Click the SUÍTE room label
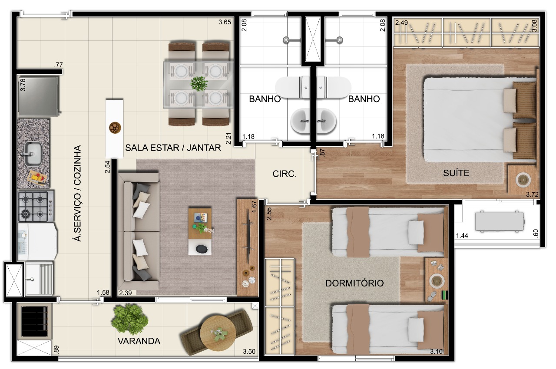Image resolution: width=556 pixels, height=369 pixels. point(456,173)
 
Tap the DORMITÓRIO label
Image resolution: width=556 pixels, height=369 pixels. point(354,283)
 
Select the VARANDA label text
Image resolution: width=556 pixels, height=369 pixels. point(139,341)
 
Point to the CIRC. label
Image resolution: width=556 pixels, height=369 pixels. point(285,174)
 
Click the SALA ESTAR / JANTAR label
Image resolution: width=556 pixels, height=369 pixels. point(173,148)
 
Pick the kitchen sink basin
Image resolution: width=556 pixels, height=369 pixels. point(33,154)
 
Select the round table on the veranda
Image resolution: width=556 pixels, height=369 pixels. point(218,333)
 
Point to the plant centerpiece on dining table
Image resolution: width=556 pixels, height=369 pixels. point(199,83)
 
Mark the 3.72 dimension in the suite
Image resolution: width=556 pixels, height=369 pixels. point(532,194)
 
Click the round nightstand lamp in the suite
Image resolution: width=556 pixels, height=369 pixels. point(522,179)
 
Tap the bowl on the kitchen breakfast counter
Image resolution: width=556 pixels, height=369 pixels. point(114,127)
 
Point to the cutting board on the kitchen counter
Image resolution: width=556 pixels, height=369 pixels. point(38,177)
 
